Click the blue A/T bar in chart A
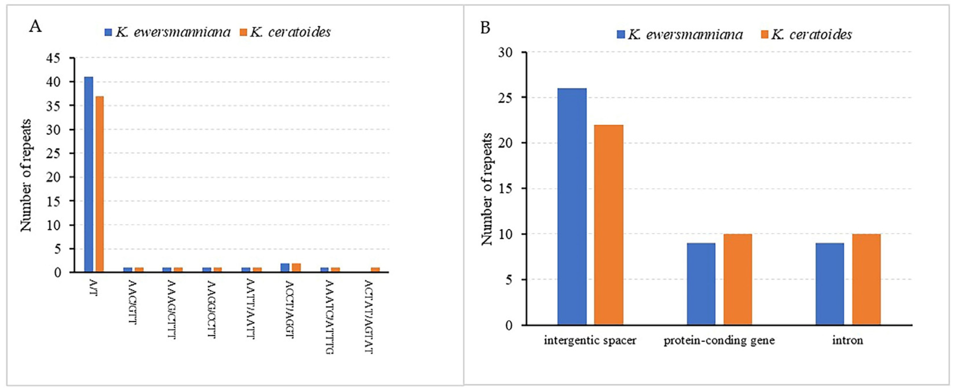tap(88, 174)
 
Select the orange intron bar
tap(866, 279)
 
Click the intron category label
tap(847, 340)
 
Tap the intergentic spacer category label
tap(590, 340)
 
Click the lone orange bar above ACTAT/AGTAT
tap(375, 270)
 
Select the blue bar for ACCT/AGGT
tap(285, 267)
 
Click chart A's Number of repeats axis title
tap(26, 175)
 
